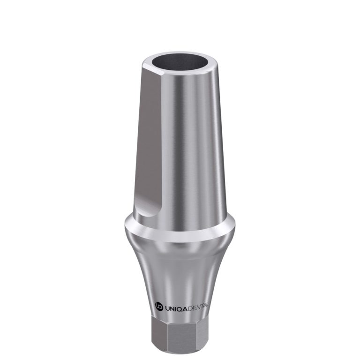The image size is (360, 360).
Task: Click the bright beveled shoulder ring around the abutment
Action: pyautogui.click(x=180, y=234)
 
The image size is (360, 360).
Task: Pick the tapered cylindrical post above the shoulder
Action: pyautogui.click(x=187, y=150)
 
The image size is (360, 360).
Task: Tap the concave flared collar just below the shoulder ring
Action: pyautogui.click(x=180, y=272)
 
